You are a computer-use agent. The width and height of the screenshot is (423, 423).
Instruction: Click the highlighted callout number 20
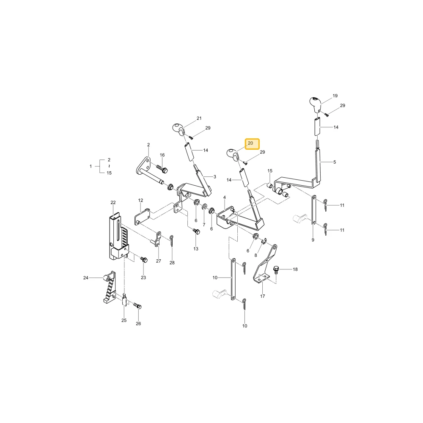tap(250, 143)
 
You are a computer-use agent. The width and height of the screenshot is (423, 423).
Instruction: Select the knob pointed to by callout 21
tap(179, 129)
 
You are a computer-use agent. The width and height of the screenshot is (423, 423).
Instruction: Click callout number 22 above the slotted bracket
tap(113, 202)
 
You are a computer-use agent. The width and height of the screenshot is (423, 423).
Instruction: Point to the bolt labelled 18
tap(276, 270)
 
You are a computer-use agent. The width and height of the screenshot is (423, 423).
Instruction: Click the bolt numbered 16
tap(162, 169)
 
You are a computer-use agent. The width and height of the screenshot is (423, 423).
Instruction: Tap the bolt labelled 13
tap(196, 231)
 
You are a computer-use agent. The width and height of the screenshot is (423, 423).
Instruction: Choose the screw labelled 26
tap(137, 306)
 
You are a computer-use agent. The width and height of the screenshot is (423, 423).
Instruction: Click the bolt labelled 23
tap(144, 260)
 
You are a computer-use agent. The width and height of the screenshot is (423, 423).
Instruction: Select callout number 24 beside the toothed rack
tap(86, 277)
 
